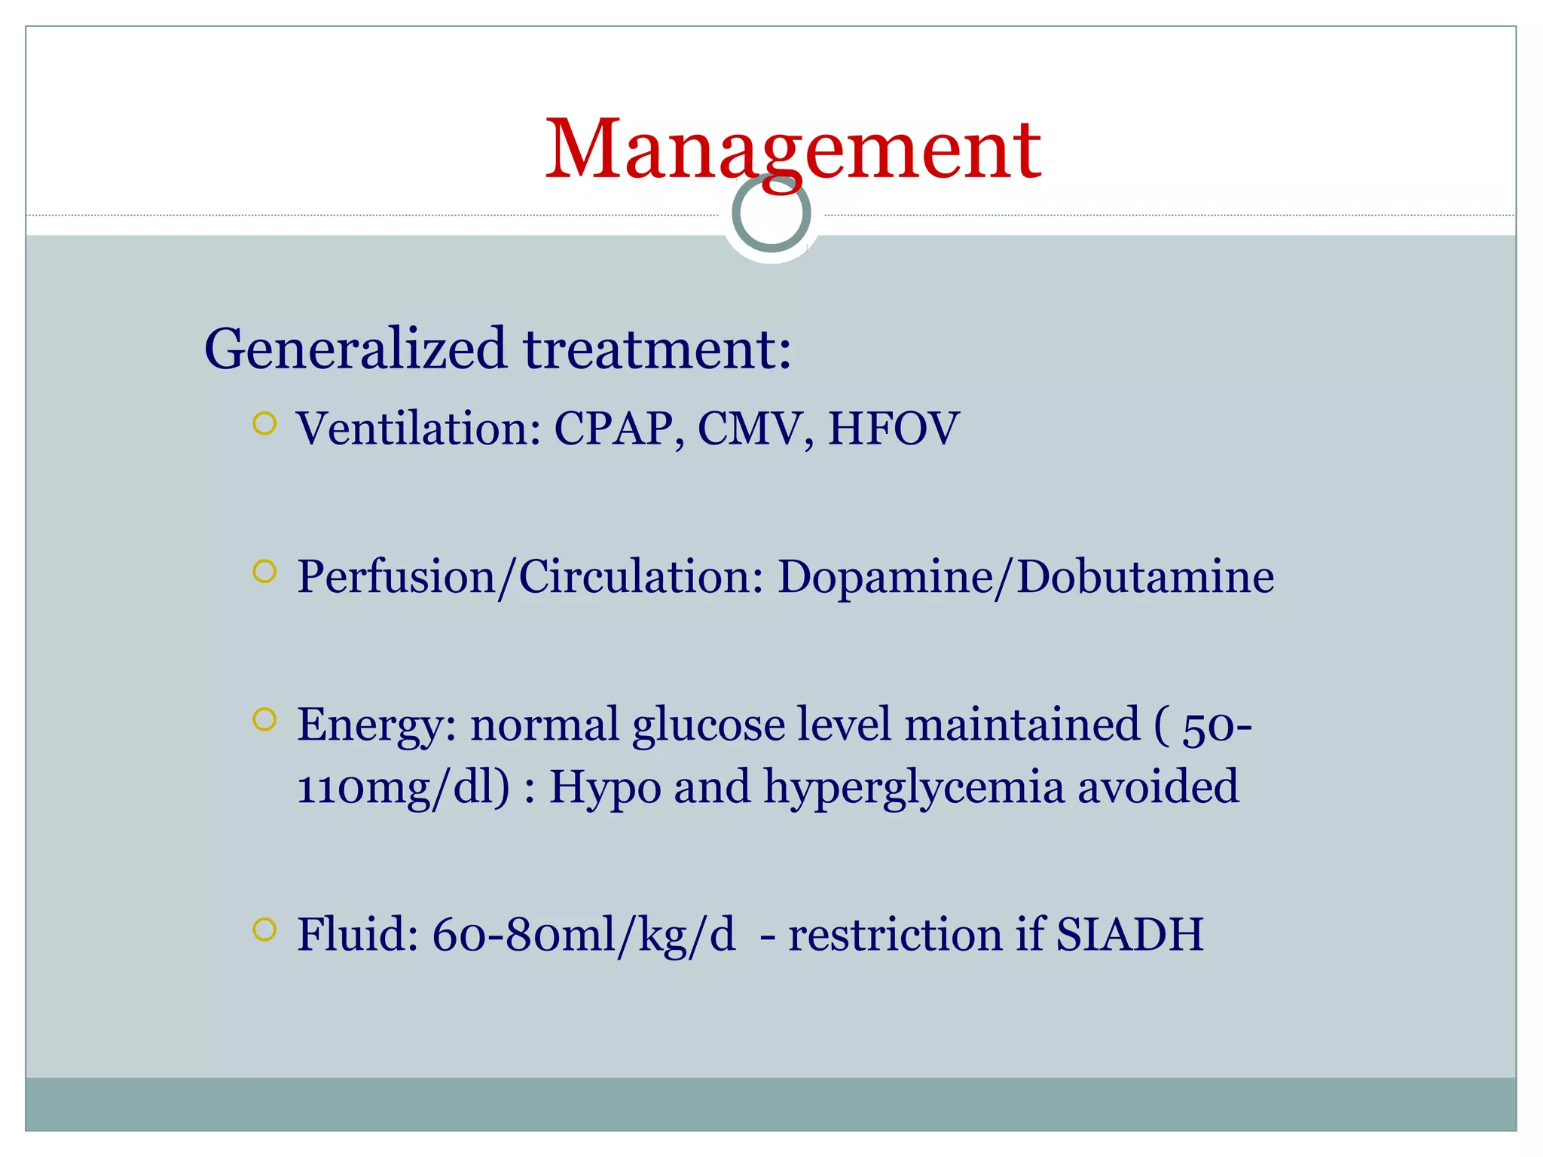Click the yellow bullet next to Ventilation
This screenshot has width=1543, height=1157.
264,424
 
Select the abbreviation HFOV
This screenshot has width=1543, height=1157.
893,429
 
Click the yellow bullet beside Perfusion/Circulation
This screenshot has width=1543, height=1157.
264,572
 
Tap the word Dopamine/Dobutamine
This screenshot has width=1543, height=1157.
1025,577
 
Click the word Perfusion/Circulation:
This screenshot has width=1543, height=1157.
530,577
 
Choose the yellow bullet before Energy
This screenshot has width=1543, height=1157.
264,720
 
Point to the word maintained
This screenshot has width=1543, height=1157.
1022,725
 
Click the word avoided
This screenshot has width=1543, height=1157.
1158,786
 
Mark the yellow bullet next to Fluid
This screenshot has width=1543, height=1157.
264,930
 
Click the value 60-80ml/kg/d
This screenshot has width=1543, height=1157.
583,936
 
